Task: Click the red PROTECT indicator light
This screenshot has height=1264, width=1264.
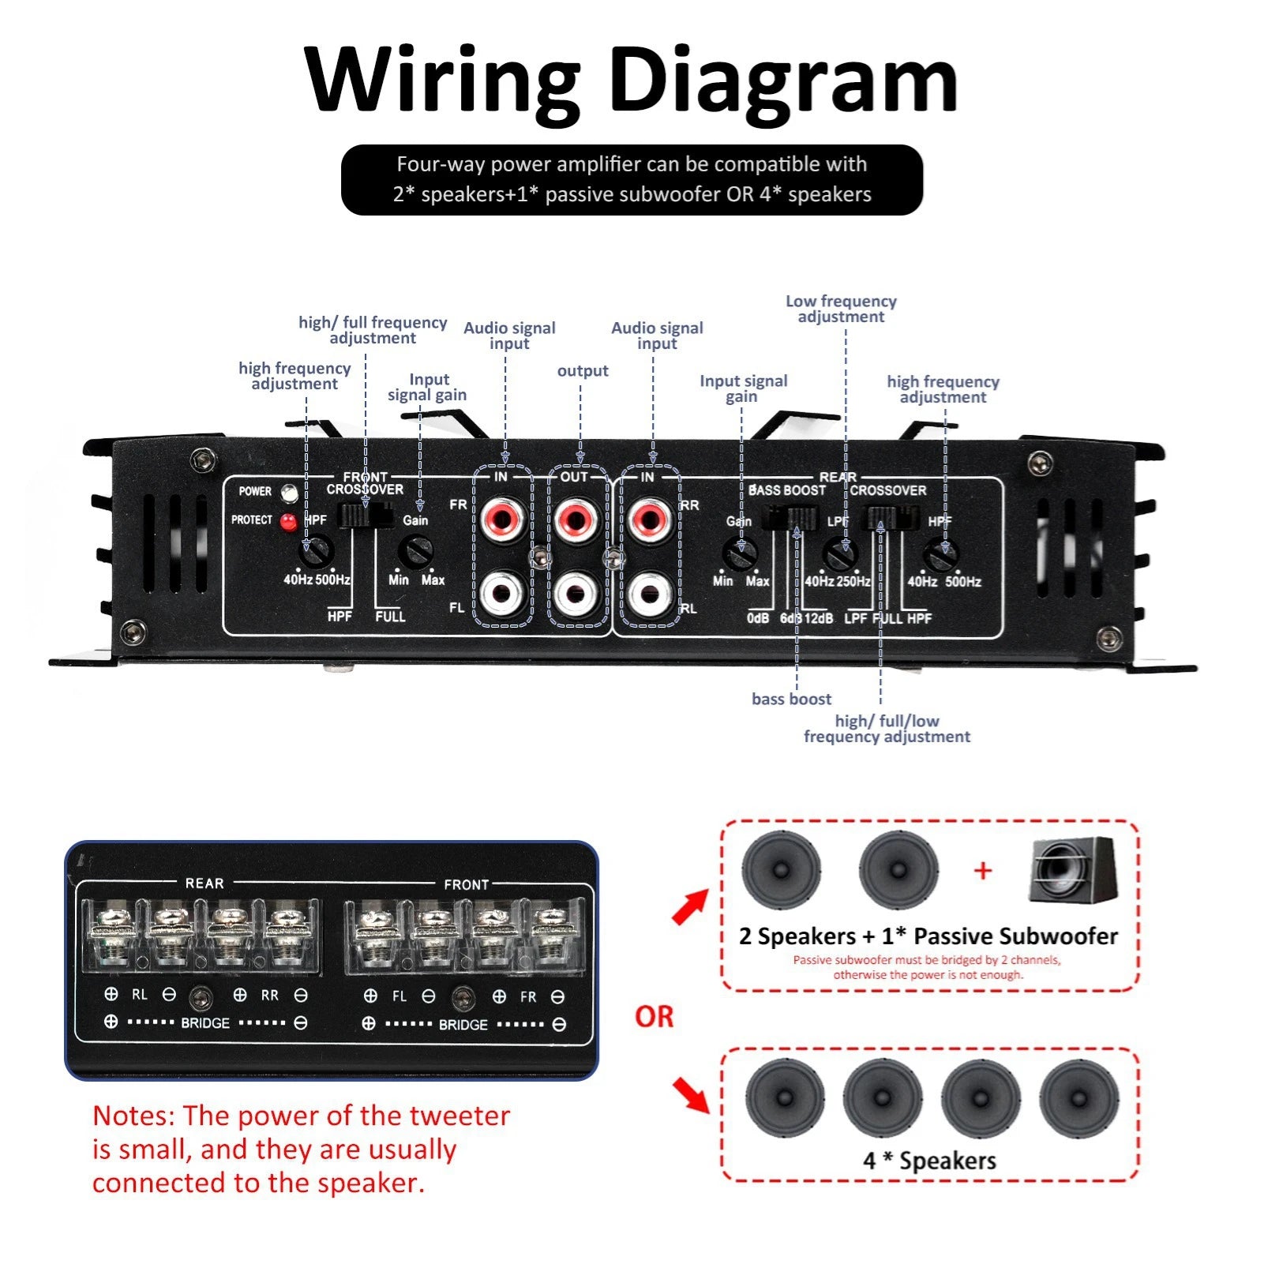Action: click(289, 521)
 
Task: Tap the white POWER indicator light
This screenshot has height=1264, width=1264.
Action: click(290, 493)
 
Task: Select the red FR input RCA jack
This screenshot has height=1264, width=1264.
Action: click(503, 518)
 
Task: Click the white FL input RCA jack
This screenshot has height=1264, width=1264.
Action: click(503, 593)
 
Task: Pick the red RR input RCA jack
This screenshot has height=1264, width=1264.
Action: click(651, 519)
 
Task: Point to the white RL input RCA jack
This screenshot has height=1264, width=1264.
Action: click(651, 594)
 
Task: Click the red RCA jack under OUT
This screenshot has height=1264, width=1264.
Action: click(577, 518)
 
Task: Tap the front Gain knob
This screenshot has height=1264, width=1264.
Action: click(415, 552)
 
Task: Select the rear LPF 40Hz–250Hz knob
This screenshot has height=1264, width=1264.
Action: click(840, 554)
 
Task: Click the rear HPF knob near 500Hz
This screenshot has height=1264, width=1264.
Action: click(941, 555)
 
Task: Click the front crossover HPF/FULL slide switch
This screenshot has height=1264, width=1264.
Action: click(366, 516)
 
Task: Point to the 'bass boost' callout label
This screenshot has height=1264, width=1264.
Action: click(791, 699)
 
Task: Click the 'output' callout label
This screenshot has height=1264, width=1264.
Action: click(583, 371)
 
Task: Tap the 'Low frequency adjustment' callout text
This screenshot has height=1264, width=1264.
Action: click(841, 309)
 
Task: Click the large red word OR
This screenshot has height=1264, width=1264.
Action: click(654, 1017)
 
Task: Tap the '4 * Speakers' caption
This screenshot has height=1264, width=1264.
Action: click(929, 1161)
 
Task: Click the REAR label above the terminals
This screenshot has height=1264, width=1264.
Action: click(204, 883)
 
